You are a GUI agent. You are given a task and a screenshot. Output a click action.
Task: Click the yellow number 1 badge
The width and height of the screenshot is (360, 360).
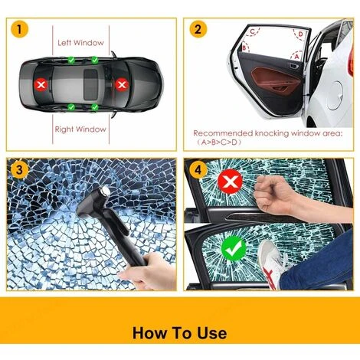19,31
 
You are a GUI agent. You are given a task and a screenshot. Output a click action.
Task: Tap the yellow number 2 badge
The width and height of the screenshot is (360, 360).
199,31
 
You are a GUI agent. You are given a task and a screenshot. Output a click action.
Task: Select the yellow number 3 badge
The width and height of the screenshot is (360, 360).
19,170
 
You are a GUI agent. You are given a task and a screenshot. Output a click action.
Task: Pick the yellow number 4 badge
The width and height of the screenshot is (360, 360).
199,170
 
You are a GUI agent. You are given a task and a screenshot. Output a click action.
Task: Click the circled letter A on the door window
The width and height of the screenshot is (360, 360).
296,57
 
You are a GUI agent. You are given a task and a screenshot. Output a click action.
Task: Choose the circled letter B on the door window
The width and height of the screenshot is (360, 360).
245,47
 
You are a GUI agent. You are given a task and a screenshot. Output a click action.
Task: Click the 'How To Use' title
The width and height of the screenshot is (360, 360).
179,332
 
